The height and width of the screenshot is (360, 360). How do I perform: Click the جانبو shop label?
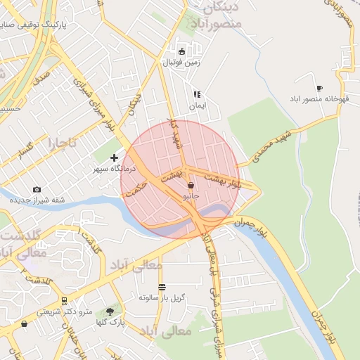[x=191, y=197]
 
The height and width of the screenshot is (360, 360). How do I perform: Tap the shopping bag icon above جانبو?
[x=191, y=186]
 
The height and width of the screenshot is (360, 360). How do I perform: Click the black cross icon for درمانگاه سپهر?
[x=115, y=159]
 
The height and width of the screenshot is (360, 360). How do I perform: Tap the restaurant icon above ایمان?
[x=197, y=94]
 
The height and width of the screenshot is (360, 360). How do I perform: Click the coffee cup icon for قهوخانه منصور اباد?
[x=319, y=89]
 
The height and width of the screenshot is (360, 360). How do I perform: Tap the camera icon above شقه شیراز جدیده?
[x=37, y=189]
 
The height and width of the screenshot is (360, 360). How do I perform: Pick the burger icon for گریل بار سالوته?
[x=162, y=287]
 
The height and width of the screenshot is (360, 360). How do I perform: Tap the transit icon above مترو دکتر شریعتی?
[x=65, y=300]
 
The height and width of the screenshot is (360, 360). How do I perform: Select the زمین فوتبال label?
[x=182, y=62]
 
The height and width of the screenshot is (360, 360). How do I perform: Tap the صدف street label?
[x=39, y=73]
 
